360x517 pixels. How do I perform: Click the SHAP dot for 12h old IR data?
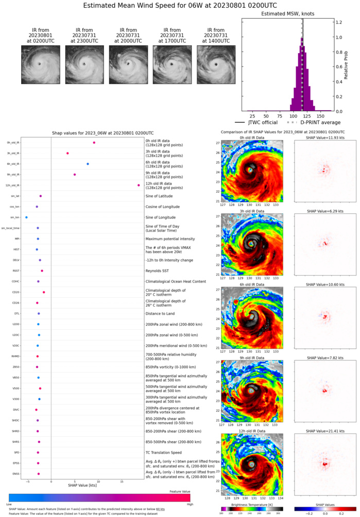(x=139, y=185)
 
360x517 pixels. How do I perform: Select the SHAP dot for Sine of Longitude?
(x=26, y=218)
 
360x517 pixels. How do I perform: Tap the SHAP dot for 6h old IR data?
(x=88, y=164)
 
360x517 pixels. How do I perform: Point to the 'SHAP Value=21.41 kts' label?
(x=324, y=430)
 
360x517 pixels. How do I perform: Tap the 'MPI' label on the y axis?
(x=16, y=239)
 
